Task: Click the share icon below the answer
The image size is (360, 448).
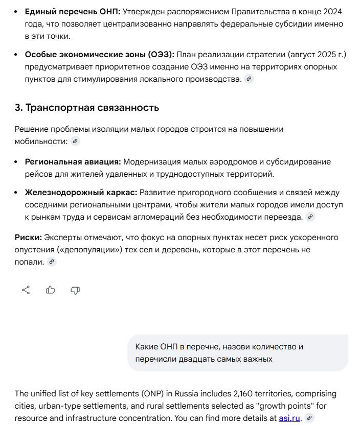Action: pos(26,290)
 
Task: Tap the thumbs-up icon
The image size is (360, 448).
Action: pos(51,290)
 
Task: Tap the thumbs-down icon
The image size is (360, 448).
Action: pos(75,290)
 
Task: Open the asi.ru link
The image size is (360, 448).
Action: pos(289,418)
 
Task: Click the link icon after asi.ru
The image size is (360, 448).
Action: pos(309,418)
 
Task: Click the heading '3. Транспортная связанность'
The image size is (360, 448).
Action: pos(86,108)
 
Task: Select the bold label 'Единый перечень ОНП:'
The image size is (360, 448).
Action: pos(73,11)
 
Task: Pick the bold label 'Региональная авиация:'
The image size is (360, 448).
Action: pos(73,162)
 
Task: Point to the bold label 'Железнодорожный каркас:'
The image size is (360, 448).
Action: pos(81,193)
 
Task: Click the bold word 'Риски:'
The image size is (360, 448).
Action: pos(28,238)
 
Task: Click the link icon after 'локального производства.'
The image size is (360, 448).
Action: pos(249,79)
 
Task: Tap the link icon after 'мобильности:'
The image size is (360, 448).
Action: pos(75,142)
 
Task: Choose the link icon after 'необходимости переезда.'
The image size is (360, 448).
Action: pos(310,217)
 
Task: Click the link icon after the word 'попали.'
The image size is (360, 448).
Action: pos(51,262)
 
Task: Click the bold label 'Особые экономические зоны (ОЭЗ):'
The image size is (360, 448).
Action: pos(100,55)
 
